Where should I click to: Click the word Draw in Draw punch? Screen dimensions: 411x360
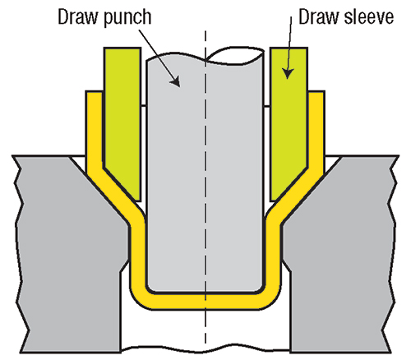pyautogui.click(x=77, y=17)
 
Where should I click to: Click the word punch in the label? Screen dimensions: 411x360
pyautogui.click(x=127, y=18)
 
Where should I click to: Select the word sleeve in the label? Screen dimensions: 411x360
pyautogui.click(x=369, y=17)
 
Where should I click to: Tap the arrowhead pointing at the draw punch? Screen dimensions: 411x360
pyautogui.click(x=175, y=81)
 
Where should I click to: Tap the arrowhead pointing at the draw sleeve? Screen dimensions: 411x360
pyautogui.click(x=288, y=73)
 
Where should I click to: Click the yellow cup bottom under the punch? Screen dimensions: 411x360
pyautogui.click(x=205, y=302)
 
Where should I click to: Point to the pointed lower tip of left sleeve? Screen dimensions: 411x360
pyautogui.click(x=140, y=201)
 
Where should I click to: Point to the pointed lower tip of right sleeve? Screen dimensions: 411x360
pyautogui.click(x=271, y=201)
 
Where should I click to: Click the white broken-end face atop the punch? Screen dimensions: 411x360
pyautogui.click(x=236, y=56)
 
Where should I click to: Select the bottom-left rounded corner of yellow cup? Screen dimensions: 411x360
pyautogui.click(x=137, y=300)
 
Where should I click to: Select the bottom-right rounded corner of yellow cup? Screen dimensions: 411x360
pyautogui.click(x=273, y=300)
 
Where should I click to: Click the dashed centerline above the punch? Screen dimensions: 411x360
pyautogui.click(x=205, y=44)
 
